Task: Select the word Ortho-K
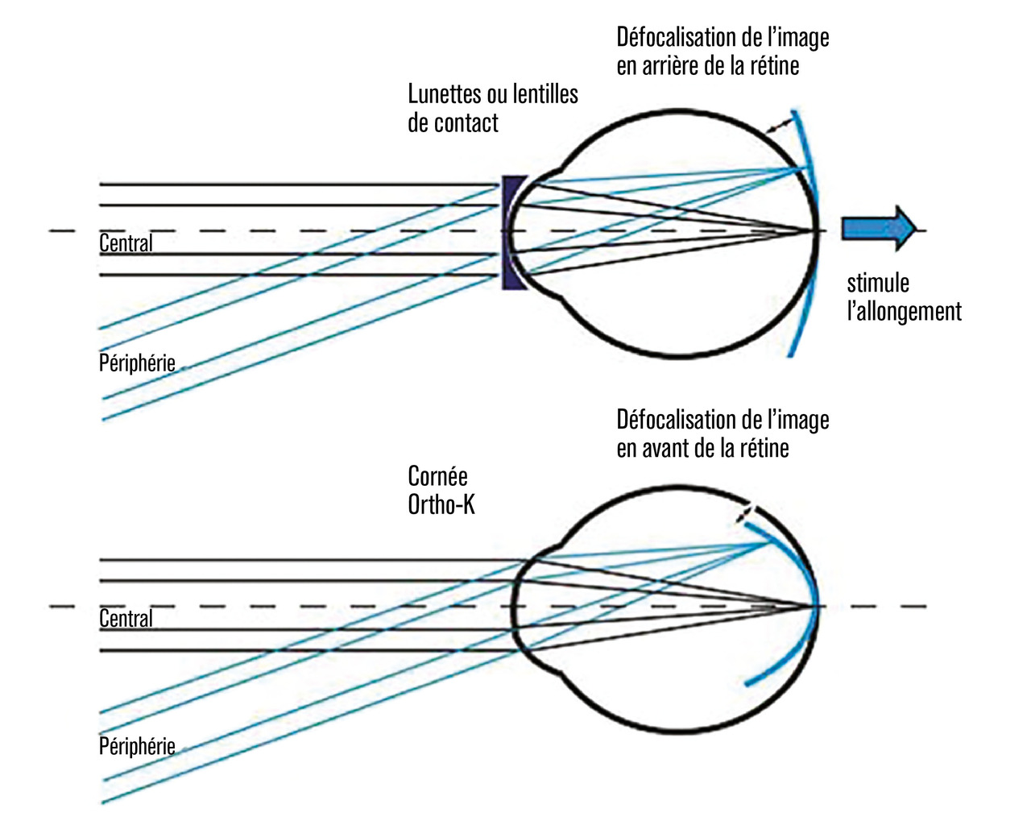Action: tap(441, 505)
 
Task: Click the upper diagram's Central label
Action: tap(126, 243)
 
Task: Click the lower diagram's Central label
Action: tap(126, 618)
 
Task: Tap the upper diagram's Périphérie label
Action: tap(137, 363)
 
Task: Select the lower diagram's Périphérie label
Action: tap(137, 745)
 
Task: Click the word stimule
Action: tap(878, 284)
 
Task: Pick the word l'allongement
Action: tap(904, 312)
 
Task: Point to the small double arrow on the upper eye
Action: tap(778, 124)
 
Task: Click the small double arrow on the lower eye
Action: tap(748, 512)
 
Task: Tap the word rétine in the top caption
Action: tap(776, 67)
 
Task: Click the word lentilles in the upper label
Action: tap(544, 94)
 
